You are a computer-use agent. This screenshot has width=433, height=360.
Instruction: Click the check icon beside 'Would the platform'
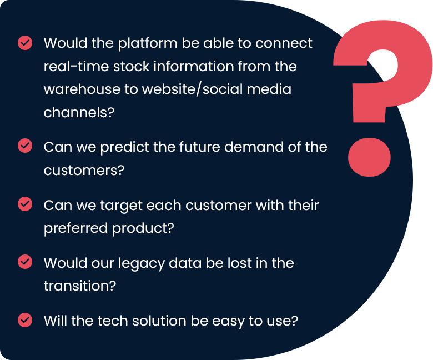click(25, 43)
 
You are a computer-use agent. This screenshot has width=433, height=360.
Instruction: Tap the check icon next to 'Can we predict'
click(25, 146)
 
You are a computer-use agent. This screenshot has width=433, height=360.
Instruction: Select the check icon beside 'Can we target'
click(25, 204)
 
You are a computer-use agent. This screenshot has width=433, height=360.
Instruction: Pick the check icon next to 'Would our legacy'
click(25, 262)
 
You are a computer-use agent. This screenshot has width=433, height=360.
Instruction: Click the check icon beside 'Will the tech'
click(25, 320)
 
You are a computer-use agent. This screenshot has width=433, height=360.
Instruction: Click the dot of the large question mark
click(370, 157)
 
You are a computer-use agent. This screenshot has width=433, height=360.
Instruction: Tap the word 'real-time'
click(76, 66)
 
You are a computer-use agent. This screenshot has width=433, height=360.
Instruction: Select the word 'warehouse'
click(82, 89)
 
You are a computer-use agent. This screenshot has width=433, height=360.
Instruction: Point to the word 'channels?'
click(79, 112)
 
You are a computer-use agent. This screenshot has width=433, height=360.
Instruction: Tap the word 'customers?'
click(84, 170)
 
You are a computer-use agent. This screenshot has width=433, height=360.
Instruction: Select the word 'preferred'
click(75, 229)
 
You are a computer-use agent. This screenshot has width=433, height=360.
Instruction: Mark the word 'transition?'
click(80, 286)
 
